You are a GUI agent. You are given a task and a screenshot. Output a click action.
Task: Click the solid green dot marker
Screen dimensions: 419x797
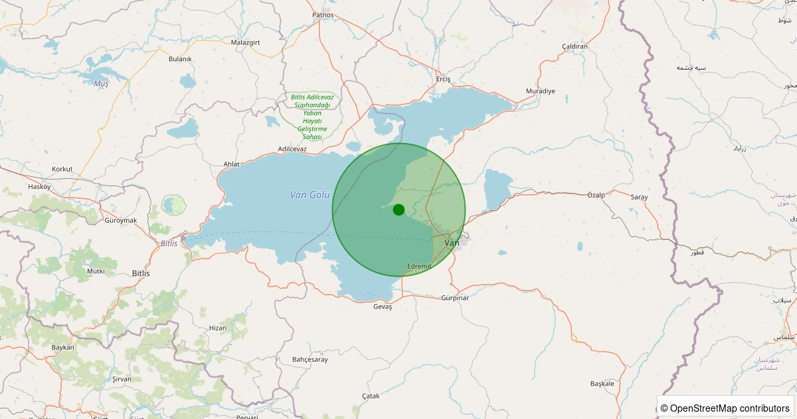coord(398,209)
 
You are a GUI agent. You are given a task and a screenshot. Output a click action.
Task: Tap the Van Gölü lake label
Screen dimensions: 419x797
coord(310,195)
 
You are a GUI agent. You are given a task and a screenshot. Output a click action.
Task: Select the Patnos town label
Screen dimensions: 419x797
coord(323,15)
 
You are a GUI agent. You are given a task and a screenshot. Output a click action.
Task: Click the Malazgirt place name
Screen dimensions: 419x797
coord(245,42)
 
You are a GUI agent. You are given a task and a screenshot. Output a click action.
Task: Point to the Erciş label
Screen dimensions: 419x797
coord(443,79)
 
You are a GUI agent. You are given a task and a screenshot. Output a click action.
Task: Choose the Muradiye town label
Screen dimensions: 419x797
coord(540,90)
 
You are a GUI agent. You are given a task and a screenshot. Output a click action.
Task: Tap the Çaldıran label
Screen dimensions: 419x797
coord(575,46)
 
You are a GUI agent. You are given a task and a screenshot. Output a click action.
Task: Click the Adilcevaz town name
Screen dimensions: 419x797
coord(292,149)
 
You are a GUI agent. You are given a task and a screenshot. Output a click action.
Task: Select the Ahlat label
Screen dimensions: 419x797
coord(231,164)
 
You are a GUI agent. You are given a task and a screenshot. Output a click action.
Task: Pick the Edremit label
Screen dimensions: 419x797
coord(419,266)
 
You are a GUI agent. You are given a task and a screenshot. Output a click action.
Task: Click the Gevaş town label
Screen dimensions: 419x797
coord(383,307)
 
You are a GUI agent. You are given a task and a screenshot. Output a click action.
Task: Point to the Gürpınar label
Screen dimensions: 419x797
coord(455,298)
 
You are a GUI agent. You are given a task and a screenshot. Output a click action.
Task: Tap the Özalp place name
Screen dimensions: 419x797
coord(596,195)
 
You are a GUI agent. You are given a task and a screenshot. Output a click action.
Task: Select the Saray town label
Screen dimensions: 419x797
coord(639,198)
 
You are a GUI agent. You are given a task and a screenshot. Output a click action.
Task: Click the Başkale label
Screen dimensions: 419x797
coord(602,384)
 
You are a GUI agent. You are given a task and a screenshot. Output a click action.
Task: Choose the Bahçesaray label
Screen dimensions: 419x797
coord(310,360)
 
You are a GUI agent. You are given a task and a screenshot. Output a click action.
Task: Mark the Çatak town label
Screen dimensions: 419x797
coord(371,396)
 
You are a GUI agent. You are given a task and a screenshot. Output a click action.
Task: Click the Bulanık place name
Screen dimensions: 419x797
coord(180,59)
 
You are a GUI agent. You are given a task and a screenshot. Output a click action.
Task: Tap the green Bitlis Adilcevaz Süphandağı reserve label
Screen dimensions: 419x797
coord(312,116)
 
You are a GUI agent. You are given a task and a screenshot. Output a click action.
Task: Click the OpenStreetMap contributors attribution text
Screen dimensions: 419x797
coord(727,408)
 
